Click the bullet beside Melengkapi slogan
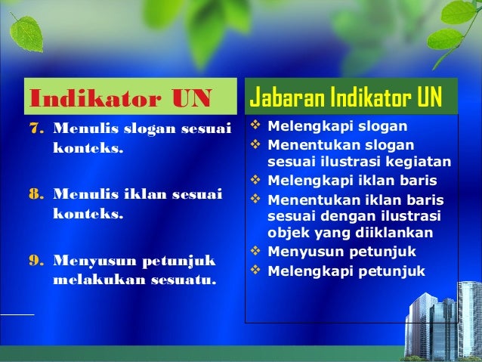(255, 125)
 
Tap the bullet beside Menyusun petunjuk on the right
(255, 252)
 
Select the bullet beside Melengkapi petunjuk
(255, 271)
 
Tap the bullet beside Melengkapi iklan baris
(255, 181)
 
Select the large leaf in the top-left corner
(27, 30)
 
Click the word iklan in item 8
(139, 195)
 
